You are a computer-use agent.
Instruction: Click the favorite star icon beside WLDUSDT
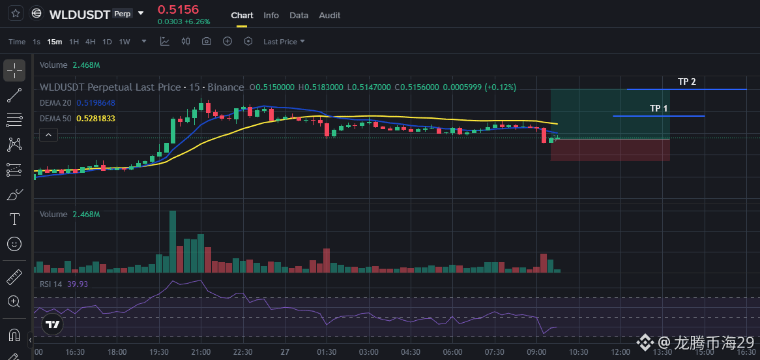[16, 13]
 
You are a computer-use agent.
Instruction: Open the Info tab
[271, 16]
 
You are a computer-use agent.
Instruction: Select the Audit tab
[330, 16]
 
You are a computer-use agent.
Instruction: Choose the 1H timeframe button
[74, 42]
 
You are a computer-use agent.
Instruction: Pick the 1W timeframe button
[124, 42]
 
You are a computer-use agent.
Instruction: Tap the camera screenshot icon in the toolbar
[207, 41]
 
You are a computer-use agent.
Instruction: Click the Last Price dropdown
[284, 42]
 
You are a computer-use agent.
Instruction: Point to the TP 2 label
[687, 82]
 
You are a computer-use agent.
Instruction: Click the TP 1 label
[659, 108]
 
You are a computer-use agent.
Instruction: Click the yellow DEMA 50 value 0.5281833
[96, 119]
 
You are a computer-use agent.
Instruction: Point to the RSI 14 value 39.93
[78, 284]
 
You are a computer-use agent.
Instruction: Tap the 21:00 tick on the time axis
[201, 352]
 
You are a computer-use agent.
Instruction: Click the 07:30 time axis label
[494, 352]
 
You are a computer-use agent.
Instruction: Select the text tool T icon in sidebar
[14, 219]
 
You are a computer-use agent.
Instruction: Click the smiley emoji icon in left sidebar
[14, 243]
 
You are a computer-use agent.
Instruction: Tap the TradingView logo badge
[53, 324]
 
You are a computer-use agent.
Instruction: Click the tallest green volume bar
[173, 241]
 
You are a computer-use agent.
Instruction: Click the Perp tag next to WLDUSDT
[122, 14]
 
